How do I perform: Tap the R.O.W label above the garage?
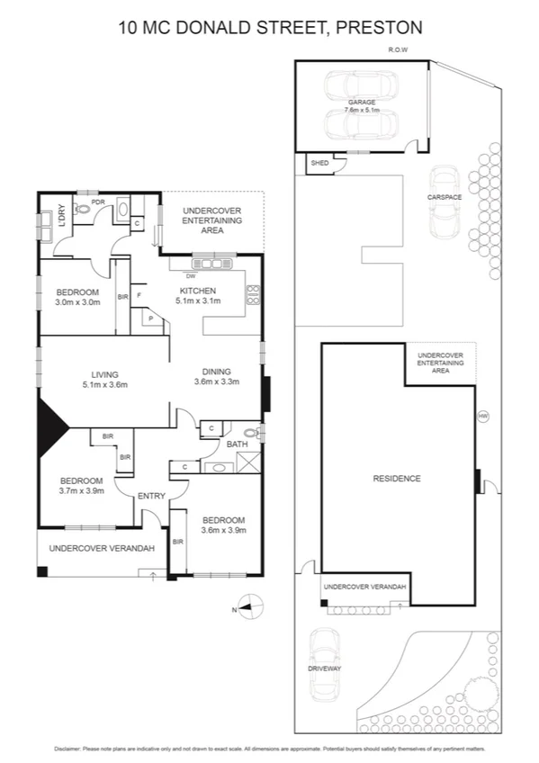pyautogui.click(x=397, y=50)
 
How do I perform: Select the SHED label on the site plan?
pyautogui.click(x=319, y=164)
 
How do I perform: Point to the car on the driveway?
pyautogui.click(x=323, y=664)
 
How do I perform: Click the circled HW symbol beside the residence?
pyautogui.click(x=483, y=416)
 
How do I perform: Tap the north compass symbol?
pyautogui.click(x=248, y=607)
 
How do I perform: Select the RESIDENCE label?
pyautogui.click(x=397, y=479)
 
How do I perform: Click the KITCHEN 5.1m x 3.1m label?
pyautogui.click(x=197, y=297)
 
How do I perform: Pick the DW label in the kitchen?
pyautogui.click(x=191, y=275)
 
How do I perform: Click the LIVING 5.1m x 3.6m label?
pyautogui.click(x=104, y=380)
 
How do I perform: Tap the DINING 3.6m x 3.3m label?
pyautogui.click(x=212, y=376)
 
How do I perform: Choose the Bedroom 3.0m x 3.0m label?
pyautogui.click(x=76, y=297)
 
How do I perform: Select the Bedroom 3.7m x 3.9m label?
pyautogui.click(x=82, y=485)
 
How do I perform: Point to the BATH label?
pyautogui.click(x=237, y=444)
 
